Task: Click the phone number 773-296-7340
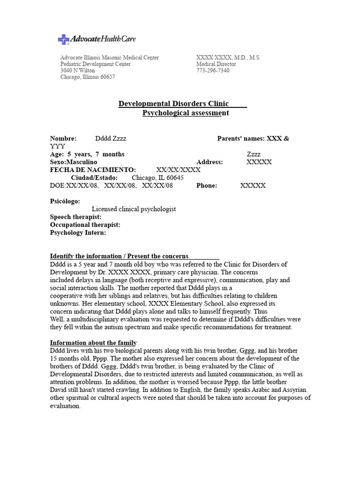point(213,71)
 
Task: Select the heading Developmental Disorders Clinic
point(173,104)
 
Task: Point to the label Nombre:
point(63,139)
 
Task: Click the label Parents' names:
point(240,139)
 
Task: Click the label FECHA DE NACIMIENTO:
point(93,170)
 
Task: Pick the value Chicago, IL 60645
point(157,178)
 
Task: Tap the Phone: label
point(207,186)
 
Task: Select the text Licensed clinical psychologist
point(134,209)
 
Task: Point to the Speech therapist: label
point(75,217)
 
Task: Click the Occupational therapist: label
point(85,225)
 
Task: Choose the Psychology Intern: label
point(78,232)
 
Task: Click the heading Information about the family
point(93,343)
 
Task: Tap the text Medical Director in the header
point(216,64)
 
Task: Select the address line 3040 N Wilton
point(77,71)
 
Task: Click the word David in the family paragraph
point(59,390)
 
